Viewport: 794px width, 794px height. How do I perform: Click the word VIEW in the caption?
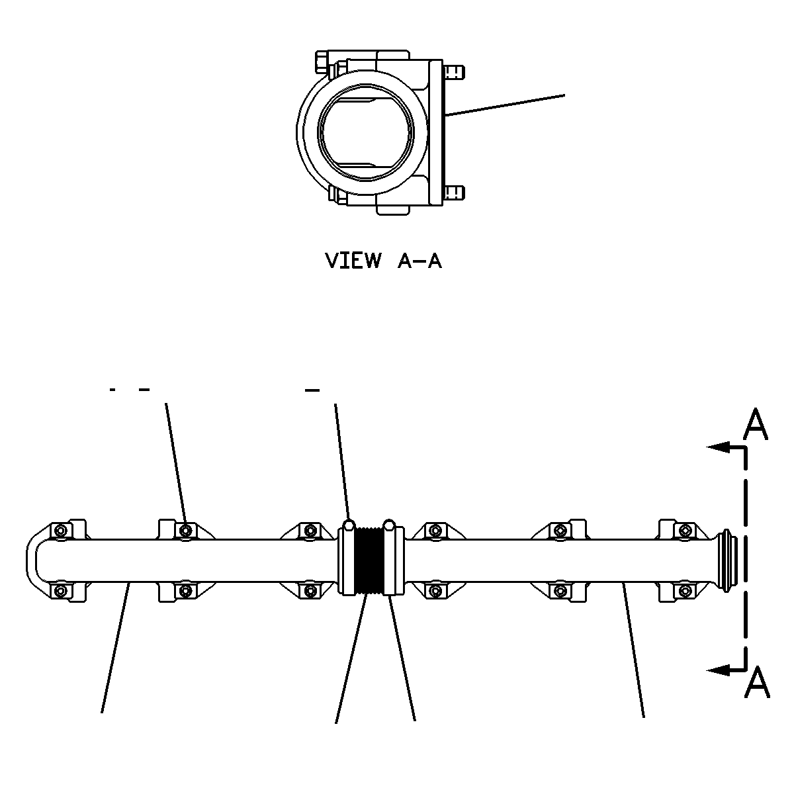click(x=353, y=261)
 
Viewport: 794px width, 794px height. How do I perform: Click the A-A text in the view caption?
click(x=419, y=261)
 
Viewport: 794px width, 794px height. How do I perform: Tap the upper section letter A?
click(x=756, y=425)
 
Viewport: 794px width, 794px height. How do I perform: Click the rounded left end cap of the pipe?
click(x=30, y=560)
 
